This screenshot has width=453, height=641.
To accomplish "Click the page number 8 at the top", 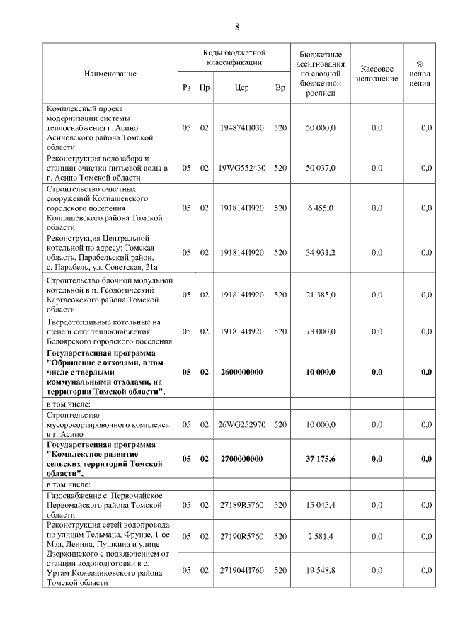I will (x=237, y=27).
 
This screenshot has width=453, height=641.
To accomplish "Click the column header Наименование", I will (x=110, y=74).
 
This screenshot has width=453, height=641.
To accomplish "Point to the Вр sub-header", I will (x=280, y=89).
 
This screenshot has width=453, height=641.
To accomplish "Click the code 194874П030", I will (x=241, y=127).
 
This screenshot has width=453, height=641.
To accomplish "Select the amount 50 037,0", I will (x=321, y=168).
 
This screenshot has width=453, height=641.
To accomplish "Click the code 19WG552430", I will (x=241, y=168).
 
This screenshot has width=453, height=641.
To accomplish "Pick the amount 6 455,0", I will (x=321, y=208).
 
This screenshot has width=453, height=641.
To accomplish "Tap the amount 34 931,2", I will (x=321, y=252).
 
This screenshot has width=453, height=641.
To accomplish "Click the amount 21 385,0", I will (x=321, y=293).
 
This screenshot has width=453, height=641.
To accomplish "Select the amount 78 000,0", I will (x=321, y=331).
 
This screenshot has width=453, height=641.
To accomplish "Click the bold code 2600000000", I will (x=241, y=372).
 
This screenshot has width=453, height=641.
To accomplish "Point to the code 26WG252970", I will (x=241, y=424).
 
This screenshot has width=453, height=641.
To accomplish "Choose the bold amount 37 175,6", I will (x=321, y=459).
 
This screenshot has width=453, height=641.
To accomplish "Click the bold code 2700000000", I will (x=241, y=459).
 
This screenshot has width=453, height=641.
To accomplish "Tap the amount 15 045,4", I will (x=321, y=506).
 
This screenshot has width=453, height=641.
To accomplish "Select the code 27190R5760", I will (x=241, y=536).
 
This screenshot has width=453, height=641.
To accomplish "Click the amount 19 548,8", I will (x=321, y=569).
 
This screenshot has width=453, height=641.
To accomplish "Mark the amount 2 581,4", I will (x=321, y=536).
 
